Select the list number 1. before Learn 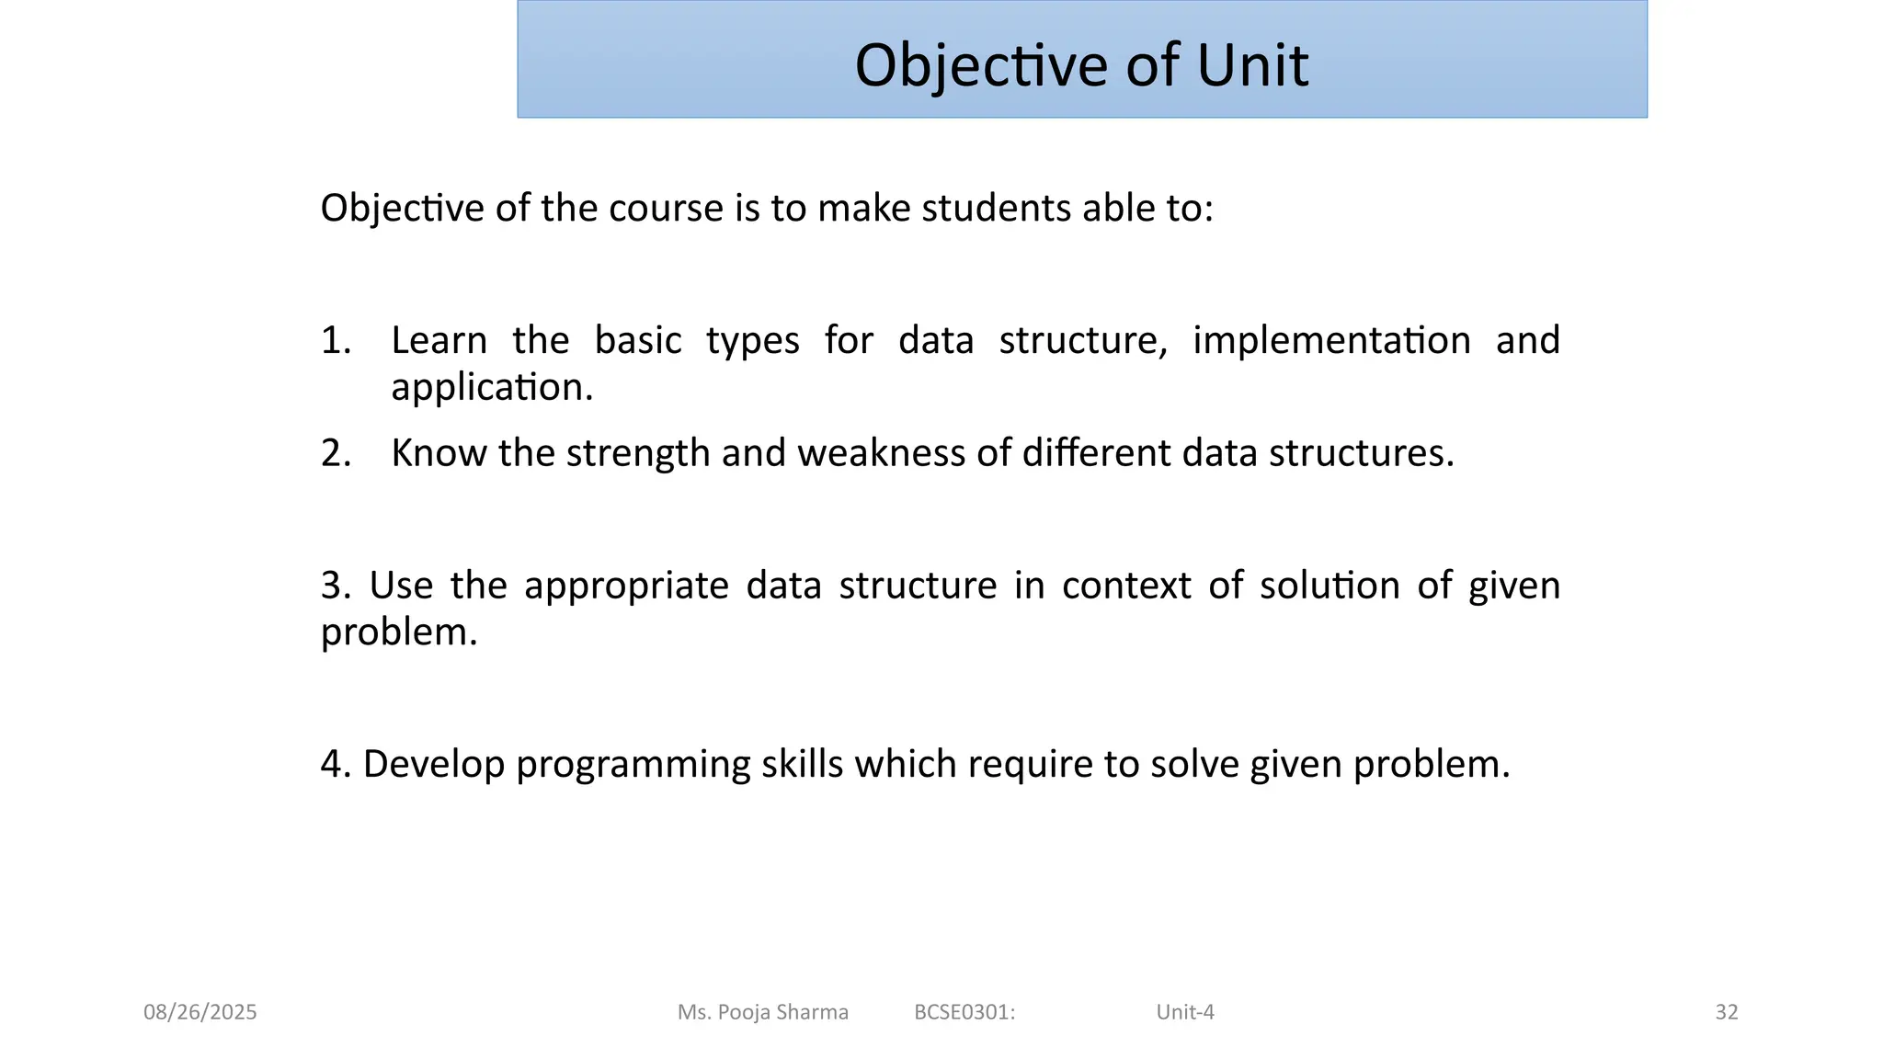pyautogui.click(x=336, y=341)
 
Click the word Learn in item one pyautogui.click(x=439, y=341)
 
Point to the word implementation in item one pyautogui.click(x=1331, y=341)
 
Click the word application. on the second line pyautogui.click(x=492, y=388)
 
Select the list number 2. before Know pyautogui.click(x=336, y=454)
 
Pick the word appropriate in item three pyautogui.click(x=626, y=586)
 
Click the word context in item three pyautogui.click(x=1126, y=586)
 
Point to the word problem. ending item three pyautogui.click(x=399, y=632)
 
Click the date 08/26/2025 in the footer pyautogui.click(x=200, y=1012)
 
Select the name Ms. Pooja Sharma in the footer pyautogui.click(x=762, y=1012)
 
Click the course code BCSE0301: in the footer pyautogui.click(x=964, y=1012)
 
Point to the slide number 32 pyautogui.click(x=1726, y=1012)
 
